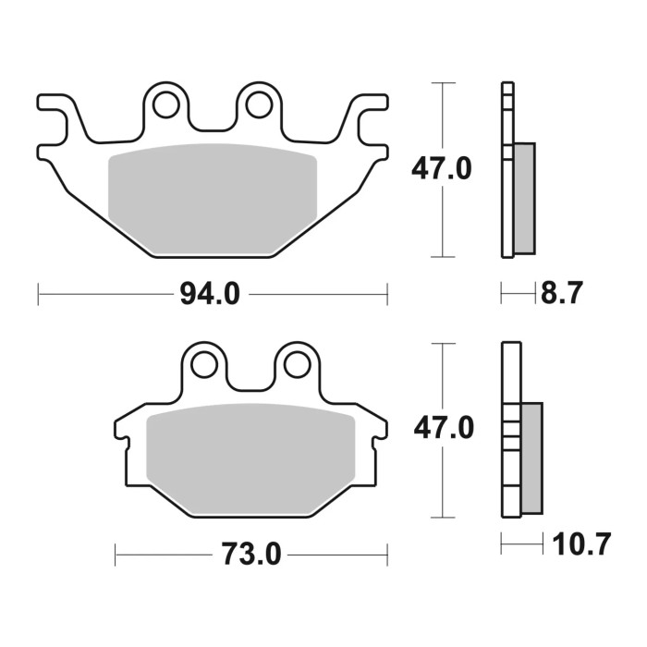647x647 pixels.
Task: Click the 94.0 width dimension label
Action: [x=211, y=295]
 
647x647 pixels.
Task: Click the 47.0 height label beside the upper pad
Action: [x=442, y=169]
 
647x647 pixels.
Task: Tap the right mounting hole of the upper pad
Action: [x=257, y=105]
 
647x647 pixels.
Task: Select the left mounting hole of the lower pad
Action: [x=205, y=363]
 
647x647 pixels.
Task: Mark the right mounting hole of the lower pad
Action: [x=296, y=363]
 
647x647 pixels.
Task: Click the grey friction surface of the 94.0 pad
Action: [x=213, y=194]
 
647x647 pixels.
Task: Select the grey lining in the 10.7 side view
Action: [x=531, y=458]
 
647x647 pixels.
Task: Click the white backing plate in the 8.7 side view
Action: [x=507, y=213]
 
